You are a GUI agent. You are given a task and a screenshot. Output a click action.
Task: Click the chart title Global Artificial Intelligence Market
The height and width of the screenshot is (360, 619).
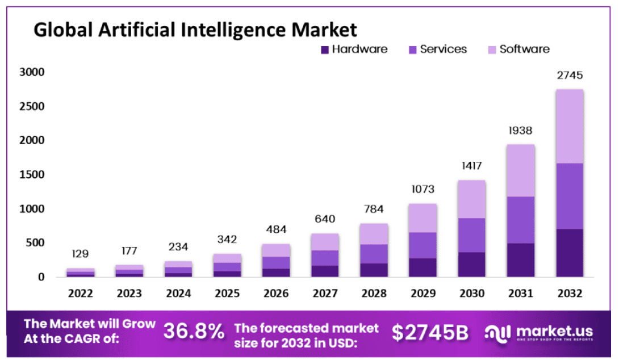(195, 29)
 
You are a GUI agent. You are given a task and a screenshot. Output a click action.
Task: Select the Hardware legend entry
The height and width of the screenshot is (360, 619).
(354, 49)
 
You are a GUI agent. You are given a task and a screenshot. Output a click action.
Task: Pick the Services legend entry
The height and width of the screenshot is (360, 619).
(438, 49)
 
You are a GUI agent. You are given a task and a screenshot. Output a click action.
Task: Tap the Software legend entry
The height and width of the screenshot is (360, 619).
(518, 49)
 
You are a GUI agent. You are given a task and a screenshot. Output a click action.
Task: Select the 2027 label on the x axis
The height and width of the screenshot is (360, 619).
(324, 294)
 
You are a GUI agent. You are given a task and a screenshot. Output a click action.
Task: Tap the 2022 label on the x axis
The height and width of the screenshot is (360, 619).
(80, 294)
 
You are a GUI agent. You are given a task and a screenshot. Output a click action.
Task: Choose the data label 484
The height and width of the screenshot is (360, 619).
(275, 229)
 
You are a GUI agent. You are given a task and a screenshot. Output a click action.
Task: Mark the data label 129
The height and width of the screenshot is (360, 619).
(80, 253)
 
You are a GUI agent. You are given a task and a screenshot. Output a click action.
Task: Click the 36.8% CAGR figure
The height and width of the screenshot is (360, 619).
(194, 332)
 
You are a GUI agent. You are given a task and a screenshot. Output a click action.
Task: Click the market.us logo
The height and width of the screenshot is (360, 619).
(539, 333)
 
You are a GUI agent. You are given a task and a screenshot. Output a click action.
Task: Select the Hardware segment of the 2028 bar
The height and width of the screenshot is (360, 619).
(373, 270)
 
